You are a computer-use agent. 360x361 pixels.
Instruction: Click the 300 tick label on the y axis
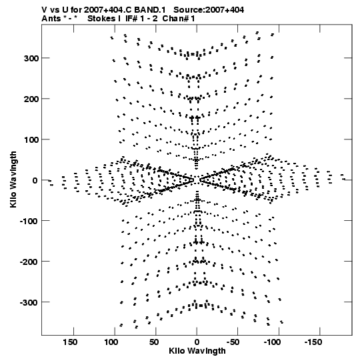pyautogui.click(x=31, y=59)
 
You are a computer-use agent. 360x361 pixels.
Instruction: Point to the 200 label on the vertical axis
pyautogui.click(x=31, y=99)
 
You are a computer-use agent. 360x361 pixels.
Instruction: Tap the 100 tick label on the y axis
pyautogui.click(x=31, y=139)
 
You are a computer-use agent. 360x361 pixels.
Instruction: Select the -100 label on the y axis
pyautogui.click(x=29, y=222)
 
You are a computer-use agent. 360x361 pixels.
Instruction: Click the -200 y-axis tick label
pyautogui.click(x=29, y=262)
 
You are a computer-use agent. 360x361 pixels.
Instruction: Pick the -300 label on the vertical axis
pyautogui.click(x=29, y=302)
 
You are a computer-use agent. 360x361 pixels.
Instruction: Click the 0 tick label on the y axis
pyautogui.click(x=35, y=180)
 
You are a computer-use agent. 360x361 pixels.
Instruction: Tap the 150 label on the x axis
pyautogui.click(x=70, y=342)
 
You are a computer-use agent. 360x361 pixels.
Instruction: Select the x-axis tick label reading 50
pyautogui.click(x=154, y=342)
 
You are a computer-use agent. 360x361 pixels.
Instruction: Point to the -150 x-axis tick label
pyautogui.click(x=313, y=342)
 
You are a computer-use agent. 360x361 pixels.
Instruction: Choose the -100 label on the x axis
pyautogui.click(x=272, y=342)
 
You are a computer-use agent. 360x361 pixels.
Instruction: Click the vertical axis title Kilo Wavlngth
pyautogui.click(x=13, y=179)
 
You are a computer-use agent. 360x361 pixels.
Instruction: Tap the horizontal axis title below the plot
pyautogui.click(x=197, y=351)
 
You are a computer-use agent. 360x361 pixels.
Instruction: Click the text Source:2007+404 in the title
pyautogui.click(x=209, y=10)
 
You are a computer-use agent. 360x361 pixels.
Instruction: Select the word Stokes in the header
pyautogui.click(x=102, y=19)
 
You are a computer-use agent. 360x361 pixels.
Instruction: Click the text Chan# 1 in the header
pyautogui.click(x=179, y=19)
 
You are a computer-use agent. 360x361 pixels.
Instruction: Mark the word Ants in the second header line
pyautogui.click(x=51, y=19)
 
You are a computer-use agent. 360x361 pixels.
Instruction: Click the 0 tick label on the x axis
pyautogui.click(x=197, y=342)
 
